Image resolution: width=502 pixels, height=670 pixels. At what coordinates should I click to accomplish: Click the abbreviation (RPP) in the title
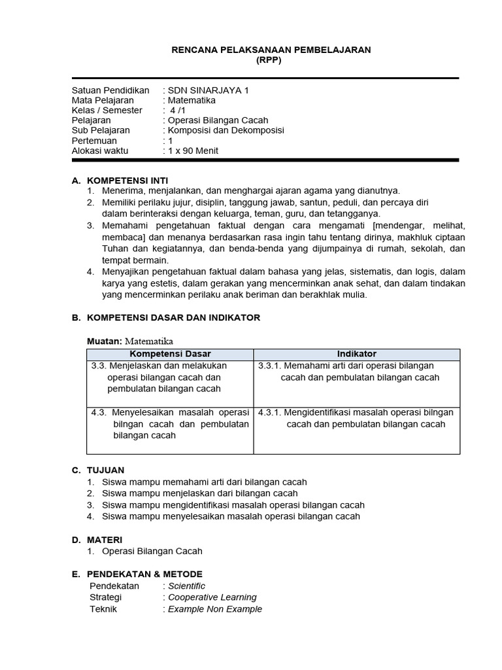(271, 60)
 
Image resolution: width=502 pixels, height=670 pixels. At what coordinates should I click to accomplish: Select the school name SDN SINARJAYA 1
(209, 90)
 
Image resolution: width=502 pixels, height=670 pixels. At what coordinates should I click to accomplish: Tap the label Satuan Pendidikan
(110, 90)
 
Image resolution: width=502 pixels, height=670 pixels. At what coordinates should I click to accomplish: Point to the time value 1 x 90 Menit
(193, 150)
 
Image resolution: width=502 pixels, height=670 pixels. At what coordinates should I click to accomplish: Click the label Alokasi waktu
(100, 150)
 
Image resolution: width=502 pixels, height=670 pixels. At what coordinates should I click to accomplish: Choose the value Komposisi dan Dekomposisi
(226, 130)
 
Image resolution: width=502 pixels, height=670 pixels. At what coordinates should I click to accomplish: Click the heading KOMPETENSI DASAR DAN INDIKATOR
(173, 317)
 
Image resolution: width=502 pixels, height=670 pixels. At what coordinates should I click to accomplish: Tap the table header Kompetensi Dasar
(170, 354)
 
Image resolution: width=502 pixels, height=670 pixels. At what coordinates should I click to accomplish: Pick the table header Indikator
(356, 354)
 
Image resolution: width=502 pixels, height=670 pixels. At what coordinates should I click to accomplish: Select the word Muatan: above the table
(105, 341)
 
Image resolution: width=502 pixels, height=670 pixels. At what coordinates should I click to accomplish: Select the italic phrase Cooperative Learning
(212, 597)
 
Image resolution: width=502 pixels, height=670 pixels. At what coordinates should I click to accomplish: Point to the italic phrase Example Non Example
(215, 609)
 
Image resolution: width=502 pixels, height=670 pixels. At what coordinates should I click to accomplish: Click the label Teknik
(103, 609)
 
